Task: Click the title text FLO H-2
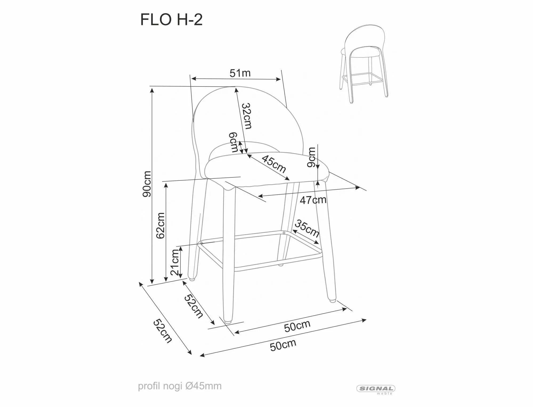click(171, 20)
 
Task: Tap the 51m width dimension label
click(240, 73)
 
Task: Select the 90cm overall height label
click(147, 184)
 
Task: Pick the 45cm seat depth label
click(274, 164)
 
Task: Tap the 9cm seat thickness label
click(311, 157)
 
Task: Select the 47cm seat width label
click(313, 200)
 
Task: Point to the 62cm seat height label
click(161, 225)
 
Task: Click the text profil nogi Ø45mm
click(179, 386)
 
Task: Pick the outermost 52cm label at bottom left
click(162, 331)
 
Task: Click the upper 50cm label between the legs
click(297, 326)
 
